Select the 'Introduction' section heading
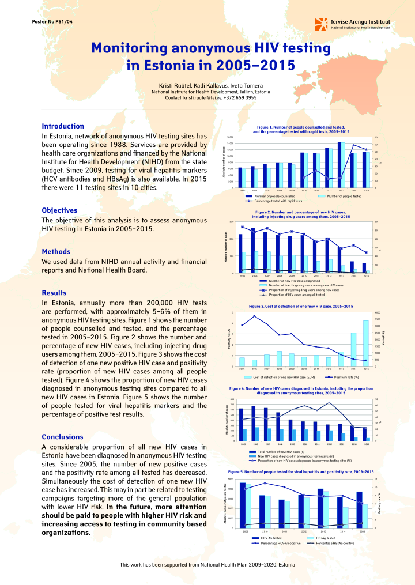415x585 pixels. click(x=63, y=126)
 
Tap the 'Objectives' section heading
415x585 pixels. click(x=59, y=210)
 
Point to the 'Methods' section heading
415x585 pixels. click(x=56, y=252)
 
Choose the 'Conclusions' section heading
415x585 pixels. click(x=62, y=437)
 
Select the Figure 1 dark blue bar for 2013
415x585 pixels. click(x=339, y=165)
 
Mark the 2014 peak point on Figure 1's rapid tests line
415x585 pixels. click(x=354, y=145)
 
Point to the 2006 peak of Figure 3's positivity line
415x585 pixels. click(x=254, y=316)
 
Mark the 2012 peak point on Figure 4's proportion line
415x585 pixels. click(x=329, y=402)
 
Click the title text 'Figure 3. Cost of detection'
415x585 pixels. click(x=300, y=306)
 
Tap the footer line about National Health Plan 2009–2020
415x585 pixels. click(x=207, y=564)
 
